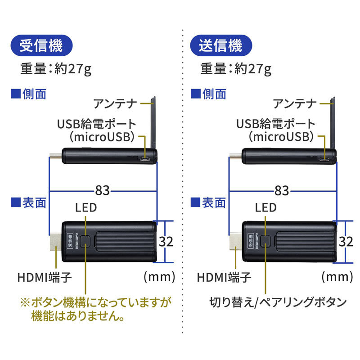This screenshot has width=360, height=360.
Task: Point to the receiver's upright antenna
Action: point(153,121)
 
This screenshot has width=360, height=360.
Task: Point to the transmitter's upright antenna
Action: point(333,121)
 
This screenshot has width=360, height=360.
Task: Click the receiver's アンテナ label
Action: point(115,104)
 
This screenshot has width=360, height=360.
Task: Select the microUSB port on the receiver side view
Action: point(145,159)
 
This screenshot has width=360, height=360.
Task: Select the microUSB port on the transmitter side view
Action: point(324,159)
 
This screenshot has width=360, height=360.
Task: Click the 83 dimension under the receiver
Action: point(103,190)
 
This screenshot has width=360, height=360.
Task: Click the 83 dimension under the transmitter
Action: point(282,190)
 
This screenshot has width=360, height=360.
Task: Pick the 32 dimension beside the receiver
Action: point(166,242)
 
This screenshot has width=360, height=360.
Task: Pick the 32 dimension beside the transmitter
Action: point(346,242)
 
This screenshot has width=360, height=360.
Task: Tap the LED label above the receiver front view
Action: point(86,207)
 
